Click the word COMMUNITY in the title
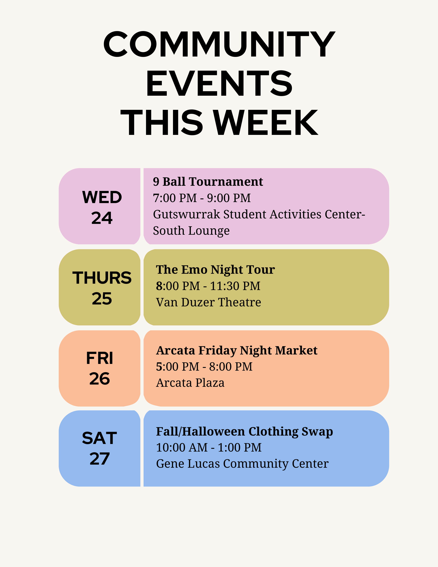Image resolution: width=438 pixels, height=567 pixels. [x=219, y=44]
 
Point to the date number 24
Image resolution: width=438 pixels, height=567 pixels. [x=102, y=218]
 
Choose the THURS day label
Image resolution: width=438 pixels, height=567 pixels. [x=102, y=278]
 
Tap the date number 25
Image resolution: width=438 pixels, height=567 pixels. [x=102, y=299]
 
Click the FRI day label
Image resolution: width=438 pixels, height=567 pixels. [x=100, y=358]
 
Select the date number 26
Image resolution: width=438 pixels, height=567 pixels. [x=100, y=379]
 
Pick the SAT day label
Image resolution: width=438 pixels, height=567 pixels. [x=100, y=438]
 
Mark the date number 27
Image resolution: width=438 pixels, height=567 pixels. [x=100, y=459]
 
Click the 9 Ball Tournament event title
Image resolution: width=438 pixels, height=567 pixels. [x=208, y=182]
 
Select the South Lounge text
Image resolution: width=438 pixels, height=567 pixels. [x=191, y=231]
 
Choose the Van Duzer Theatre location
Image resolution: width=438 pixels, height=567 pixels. [x=208, y=302]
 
